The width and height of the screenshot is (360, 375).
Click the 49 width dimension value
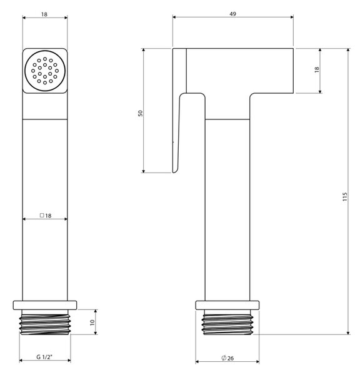232,14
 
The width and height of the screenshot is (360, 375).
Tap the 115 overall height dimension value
345,197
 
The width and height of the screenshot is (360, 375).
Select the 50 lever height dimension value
141,113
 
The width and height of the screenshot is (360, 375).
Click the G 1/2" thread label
44,357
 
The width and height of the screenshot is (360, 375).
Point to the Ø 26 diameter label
227,358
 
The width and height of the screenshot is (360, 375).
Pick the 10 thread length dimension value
92,322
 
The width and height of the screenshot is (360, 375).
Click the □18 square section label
46,216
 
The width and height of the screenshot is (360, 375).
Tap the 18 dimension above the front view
44,14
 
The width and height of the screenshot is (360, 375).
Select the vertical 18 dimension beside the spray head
317,69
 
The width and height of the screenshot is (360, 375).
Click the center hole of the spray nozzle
45,71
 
